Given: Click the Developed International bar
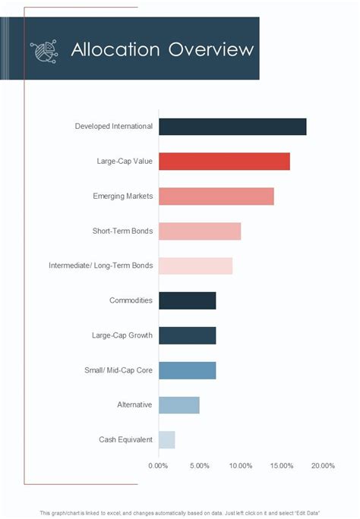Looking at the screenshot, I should pyautogui.click(x=232, y=127).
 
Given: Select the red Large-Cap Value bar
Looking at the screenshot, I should pyautogui.click(x=224, y=162).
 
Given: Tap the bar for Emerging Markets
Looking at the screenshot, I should pyautogui.click(x=216, y=196).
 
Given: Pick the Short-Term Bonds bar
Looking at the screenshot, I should pyautogui.click(x=200, y=231).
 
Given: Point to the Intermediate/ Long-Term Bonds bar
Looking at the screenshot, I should pyautogui.click(x=195, y=266).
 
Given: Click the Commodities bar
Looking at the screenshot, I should pyautogui.click(x=187, y=300).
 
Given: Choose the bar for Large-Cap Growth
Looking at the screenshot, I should pyautogui.click(x=187, y=335).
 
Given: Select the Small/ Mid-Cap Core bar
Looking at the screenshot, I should pyautogui.click(x=187, y=370).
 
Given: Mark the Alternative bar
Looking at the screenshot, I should pyautogui.click(x=178, y=405).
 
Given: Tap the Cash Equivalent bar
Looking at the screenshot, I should pyautogui.click(x=166, y=440).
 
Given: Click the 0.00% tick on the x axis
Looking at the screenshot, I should pyautogui.click(x=158, y=466).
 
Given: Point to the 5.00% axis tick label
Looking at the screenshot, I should pyautogui.click(x=199, y=466).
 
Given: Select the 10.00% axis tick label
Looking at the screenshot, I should pyautogui.click(x=240, y=466).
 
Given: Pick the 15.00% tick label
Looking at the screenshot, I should pyautogui.click(x=281, y=466).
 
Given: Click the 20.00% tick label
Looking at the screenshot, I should pyautogui.click(x=322, y=466).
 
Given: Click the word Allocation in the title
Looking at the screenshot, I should pyautogui.click(x=115, y=50).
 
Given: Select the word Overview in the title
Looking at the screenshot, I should pyautogui.click(x=211, y=50).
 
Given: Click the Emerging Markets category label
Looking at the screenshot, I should pyautogui.click(x=122, y=197).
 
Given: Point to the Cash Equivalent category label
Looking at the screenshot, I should pyautogui.click(x=125, y=440).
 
